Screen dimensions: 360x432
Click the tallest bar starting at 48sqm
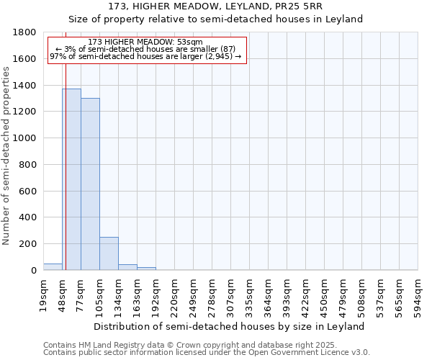[x=71, y=179]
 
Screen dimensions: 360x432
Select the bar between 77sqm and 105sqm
[x=90, y=184]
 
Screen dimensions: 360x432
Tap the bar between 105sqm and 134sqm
[x=109, y=253]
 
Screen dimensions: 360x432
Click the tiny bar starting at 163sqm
[x=146, y=269]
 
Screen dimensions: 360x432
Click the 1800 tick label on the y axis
[x=25, y=32]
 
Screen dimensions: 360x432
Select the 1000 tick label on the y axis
[x=25, y=138]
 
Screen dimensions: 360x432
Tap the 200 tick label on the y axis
[x=28, y=244]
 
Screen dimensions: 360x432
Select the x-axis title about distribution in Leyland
[x=230, y=326]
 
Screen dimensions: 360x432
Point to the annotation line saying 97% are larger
[x=145, y=56]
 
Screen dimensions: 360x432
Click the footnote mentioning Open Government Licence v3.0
[x=207, y=353]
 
